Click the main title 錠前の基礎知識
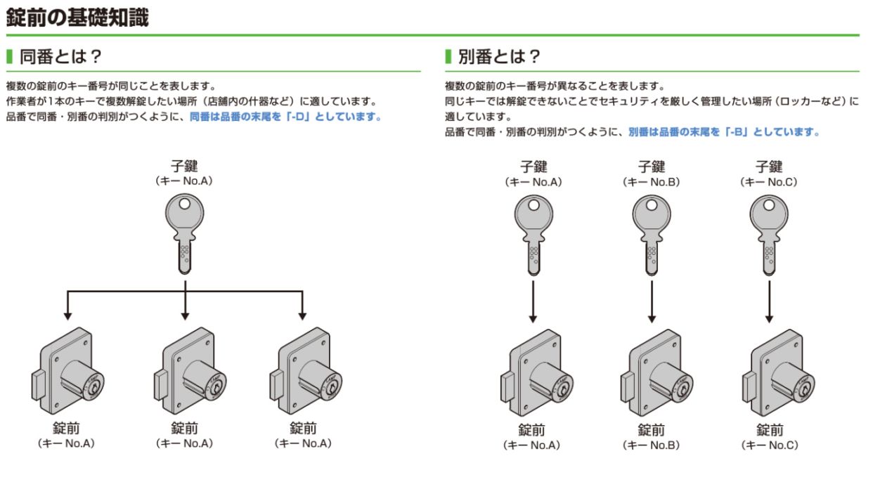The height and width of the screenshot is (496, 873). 77,17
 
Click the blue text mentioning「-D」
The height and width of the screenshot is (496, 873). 285,117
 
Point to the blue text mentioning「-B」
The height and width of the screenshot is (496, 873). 724,131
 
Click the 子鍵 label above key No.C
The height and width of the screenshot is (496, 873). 769,167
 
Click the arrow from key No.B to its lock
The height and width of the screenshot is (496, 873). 652,302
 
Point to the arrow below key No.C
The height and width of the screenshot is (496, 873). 770,302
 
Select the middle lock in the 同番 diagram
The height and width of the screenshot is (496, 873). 185,372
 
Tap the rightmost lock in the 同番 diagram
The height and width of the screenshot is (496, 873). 302,372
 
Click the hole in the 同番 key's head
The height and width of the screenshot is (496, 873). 184,204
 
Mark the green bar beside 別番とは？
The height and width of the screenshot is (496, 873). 447,56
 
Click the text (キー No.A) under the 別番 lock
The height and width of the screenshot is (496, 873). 532,445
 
